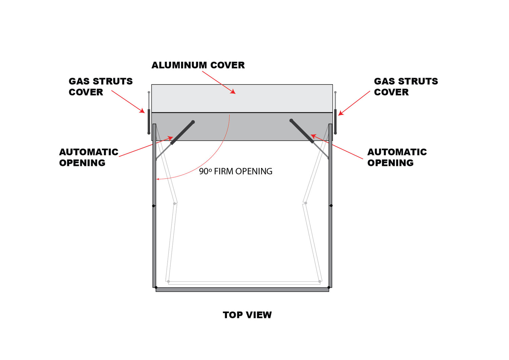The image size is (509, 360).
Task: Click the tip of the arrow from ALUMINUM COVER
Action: pyautogui.click(x=235, y=94)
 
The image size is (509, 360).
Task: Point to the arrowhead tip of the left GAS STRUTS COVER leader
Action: pyautogui.click(x=145, y=113)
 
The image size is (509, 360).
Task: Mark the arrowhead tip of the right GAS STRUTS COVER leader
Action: pyautogui.click(x=338, y=115)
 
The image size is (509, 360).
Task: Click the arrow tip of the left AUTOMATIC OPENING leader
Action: pyautogui.click(x=173, y=137)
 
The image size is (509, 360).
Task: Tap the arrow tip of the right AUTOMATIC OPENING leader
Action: pyautogui.click(x=310, y=135)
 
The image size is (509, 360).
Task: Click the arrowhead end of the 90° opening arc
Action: pyautogui.click(x=156, y=179)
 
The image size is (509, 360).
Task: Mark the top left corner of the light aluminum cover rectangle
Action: pyautogui.click(x=152, y=85)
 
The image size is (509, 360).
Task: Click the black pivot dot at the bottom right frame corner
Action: pyautogui.click(x=328, y=287)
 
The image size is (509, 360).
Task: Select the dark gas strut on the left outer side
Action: pyautogui.click(x=149, y=121)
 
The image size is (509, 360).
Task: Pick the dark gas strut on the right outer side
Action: pyautogui.click(x=335, y=121)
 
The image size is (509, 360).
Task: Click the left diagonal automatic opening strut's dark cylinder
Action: pyautogui.click(x=183, y=133)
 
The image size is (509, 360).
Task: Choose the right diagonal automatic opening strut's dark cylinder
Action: pyautogui.click(x=302, y=131)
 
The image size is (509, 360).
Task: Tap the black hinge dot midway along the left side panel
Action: pyautogui.click(x=153, y=206)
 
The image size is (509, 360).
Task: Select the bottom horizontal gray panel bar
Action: pyautogui.click(x=242, y=289)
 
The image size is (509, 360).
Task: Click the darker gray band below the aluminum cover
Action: pyautogui.click(x=242, y=127)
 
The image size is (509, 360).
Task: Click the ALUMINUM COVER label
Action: pyautogui.click(x=198, y=65)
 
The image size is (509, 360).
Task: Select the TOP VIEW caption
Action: pyautogui.click(x=247, y=315)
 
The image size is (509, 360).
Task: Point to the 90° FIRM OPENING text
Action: pyautogui.click(x=235, y=171)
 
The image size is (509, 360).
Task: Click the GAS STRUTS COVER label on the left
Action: pyautogui.click(x=101, y=87)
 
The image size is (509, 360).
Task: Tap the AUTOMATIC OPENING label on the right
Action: pyautogui.click(x=397, y=157)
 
